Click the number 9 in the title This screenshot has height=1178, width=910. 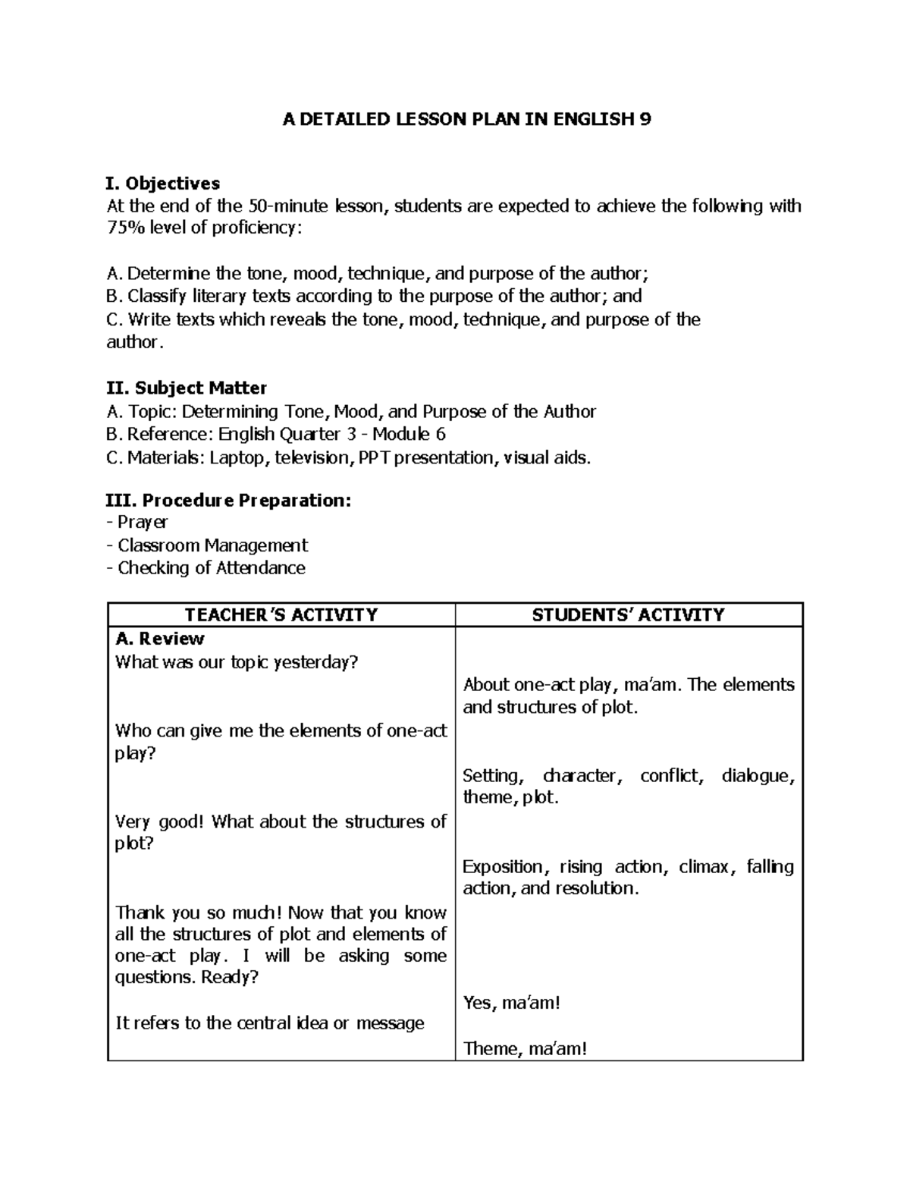click(x=645, y=120)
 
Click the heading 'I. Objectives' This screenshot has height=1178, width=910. click(x=163, y=184)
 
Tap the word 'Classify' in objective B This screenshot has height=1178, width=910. click(x=157, y=297)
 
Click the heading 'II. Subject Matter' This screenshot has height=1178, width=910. click(x=187, y=388)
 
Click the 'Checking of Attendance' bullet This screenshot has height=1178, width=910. click(x=211, y=568)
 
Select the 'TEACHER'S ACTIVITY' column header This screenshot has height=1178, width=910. click(x=281, y=615)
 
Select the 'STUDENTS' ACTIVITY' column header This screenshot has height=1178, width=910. click(x=628, y=615)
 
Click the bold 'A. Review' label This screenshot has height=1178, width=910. click(x=159, y=639)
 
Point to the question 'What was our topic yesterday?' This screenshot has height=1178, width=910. click(x=236, y=662)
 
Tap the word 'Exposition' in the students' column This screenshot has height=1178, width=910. click(x=503, y=867)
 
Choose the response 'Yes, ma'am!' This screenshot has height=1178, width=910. click(x=511, y=1004)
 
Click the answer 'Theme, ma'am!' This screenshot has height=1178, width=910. click(x=525, y=1049)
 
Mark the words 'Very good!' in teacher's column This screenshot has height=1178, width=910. click(x=159, y=821)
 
